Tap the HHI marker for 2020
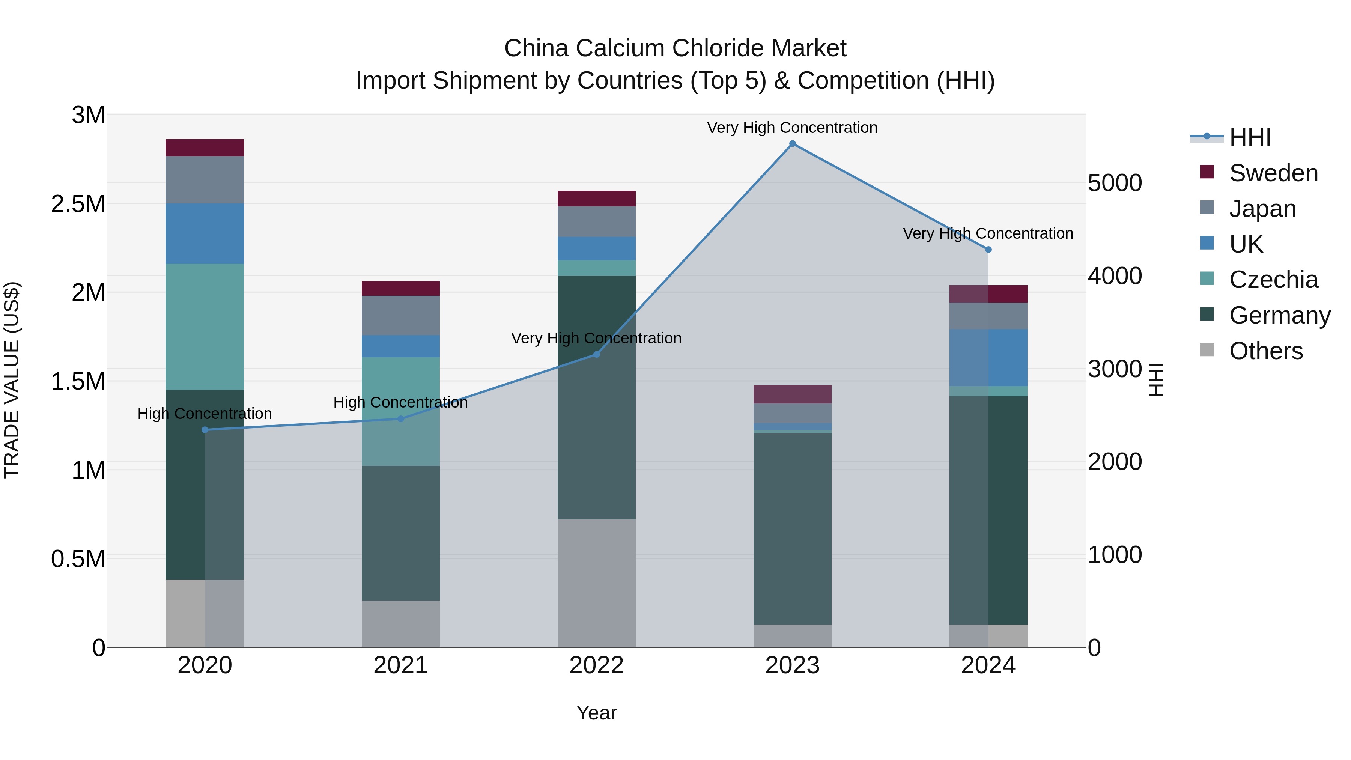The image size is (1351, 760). [x=205, y=430]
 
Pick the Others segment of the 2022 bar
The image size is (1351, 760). [x=596, y=583]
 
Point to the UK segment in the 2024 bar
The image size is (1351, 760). [x=988, y=358]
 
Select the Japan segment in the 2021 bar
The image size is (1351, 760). [x=401, y=315]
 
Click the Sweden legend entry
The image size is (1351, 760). [x=1273, y=173]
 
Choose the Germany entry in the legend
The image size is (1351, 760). [x=1279, y=315]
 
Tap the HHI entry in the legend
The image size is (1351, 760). [x=1250, y=137]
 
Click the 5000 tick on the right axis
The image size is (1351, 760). [x=1115, y=183]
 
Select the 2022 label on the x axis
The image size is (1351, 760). [x=596, y=665]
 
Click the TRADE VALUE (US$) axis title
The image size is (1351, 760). [x=12, y=380]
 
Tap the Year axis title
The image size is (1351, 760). [x=596, y=713]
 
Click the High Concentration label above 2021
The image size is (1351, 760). [x=401, y=402]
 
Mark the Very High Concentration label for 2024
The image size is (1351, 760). [x=988, y=233]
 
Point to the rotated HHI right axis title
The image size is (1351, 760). [x=1155, y=380]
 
